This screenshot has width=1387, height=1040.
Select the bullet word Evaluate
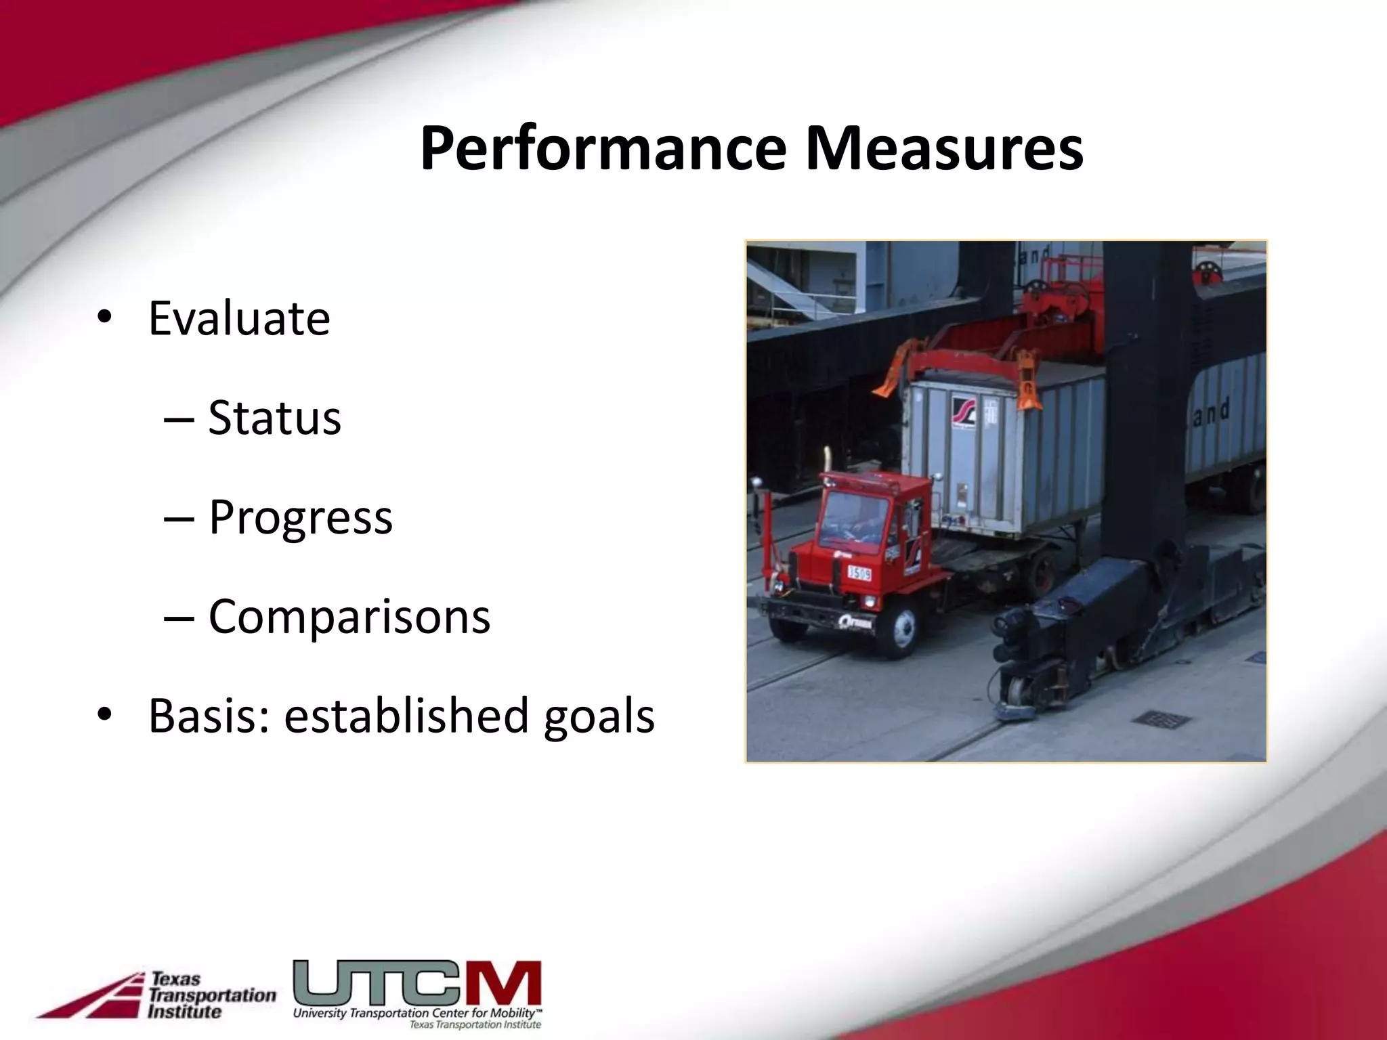239,318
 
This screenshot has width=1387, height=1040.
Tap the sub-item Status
274,418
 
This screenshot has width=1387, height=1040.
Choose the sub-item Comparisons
349,617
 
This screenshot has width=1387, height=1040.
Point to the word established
406,716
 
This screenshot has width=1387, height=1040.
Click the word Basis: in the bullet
209,716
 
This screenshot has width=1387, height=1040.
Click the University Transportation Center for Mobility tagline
417,1014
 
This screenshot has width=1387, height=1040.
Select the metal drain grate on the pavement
1159,718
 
